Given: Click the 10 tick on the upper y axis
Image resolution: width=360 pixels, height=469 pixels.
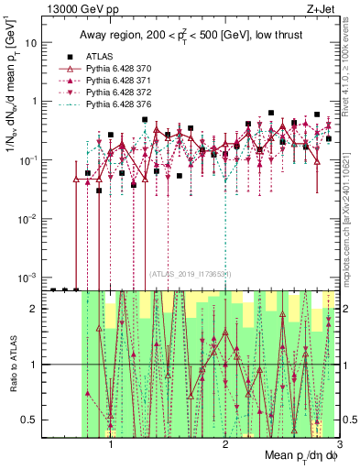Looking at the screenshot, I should pyautogui.click(x=30, y=43).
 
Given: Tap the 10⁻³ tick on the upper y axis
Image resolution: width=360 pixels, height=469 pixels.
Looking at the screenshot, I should pyautogui.click(x=28, y=276).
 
